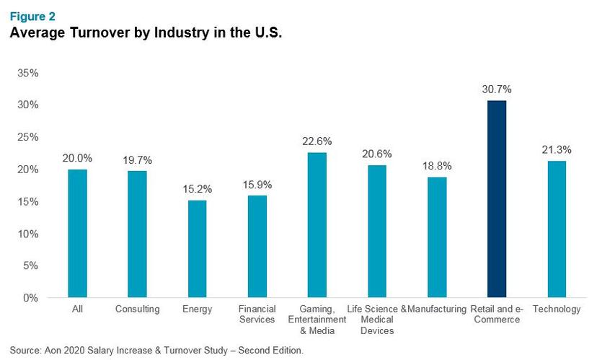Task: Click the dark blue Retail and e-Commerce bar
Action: coord(496,199)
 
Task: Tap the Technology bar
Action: coord(556,229)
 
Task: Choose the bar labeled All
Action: coord(77,234)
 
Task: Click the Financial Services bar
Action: coord(257,247)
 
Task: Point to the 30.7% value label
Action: coord(496,89)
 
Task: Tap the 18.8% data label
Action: coord(436,166)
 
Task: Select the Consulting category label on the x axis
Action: coord(137,309)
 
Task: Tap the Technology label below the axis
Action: coord(556,309)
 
